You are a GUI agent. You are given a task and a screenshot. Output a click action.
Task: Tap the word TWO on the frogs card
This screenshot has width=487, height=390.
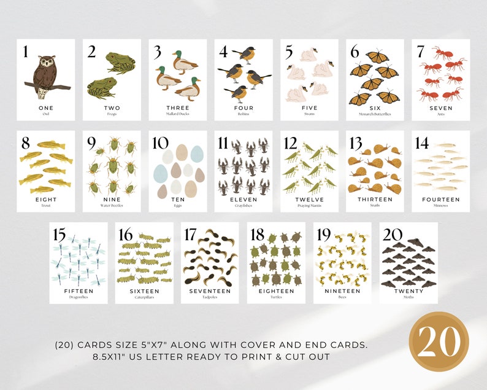point(112,108)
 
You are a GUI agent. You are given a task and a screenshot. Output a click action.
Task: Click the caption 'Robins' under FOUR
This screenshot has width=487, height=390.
point(243,114)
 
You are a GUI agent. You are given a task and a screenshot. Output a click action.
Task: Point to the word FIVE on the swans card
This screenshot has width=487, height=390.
point(310,108)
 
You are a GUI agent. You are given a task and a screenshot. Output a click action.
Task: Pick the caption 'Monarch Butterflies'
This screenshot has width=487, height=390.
point(375,114)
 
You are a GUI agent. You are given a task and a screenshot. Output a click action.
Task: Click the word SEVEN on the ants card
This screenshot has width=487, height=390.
point(440,108)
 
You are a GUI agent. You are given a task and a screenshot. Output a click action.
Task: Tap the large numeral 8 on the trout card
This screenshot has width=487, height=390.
point(26,143)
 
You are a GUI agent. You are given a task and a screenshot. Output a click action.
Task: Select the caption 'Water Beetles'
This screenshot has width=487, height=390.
point(112,205)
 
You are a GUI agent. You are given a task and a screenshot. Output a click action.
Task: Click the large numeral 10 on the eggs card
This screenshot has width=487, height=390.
point(161,143)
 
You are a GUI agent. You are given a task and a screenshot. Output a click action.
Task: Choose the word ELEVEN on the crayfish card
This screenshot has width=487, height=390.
point(243,199)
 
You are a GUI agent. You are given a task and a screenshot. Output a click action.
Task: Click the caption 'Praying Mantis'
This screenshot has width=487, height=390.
point(310,205)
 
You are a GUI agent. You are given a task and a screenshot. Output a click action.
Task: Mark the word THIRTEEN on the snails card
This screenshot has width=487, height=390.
point(375,199)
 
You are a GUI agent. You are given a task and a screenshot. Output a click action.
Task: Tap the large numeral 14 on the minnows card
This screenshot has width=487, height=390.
point(422,143)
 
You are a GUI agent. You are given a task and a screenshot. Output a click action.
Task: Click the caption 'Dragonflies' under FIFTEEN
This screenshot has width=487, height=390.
point(79,297)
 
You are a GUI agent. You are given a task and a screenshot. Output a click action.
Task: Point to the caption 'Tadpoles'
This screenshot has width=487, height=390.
point(210,297)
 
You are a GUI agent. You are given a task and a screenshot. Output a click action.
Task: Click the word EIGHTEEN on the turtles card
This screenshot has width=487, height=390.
point(276,291)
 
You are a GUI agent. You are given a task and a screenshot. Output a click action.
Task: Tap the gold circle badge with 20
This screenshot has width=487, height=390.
point(439,341)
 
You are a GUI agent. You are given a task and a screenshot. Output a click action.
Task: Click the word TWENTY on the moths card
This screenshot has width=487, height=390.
point(408,291)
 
